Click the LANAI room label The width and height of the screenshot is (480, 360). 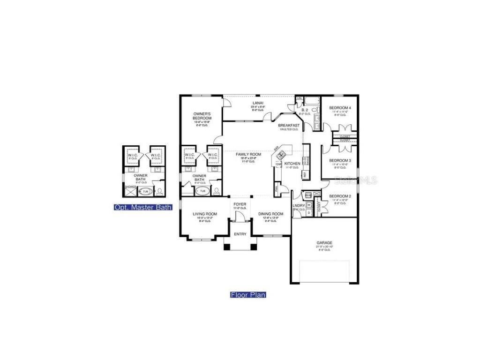(x=258, y=103)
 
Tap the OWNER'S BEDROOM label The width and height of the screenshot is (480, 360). (x=202, y=116)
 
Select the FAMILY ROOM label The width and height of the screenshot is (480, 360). (x=247, y=154)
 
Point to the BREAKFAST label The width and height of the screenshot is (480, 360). (x=289, y=125)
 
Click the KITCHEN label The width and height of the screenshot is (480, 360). (x=292, y=164)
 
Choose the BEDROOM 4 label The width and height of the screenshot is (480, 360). (x=340, y=108)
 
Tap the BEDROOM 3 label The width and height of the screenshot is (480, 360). (x=340, y=160)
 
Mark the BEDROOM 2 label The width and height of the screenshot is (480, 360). (x=340, y=196)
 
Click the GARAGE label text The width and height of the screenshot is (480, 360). (x=324, y=243)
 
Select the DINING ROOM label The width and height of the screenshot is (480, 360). (x=271, y=214)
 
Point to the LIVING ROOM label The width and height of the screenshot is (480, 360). (x=204, y=214)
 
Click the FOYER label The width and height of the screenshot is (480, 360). (x=240, y=204)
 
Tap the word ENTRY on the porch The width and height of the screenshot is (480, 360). (x=240, y=234)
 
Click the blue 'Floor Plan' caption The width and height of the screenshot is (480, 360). (x=248, y=295)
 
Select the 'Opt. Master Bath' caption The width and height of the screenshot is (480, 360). (x=143, y=207)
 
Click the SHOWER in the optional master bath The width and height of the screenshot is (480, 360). (x=130, y=187)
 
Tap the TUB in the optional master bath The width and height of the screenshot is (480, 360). (x=145, y=191)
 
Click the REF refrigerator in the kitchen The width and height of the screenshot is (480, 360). (x=305, y=174)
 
